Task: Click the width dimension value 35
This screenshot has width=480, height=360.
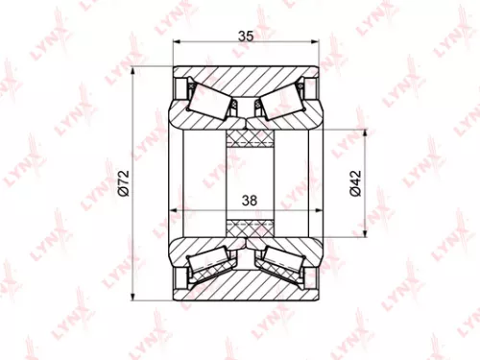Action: point(245,36)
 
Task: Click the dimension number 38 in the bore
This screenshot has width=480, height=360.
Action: point(249,200)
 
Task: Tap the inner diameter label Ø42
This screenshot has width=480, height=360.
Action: point(354,182)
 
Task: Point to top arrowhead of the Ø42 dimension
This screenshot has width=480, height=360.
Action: point(366,132)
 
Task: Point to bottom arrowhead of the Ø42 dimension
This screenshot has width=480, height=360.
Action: point(366,232)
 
